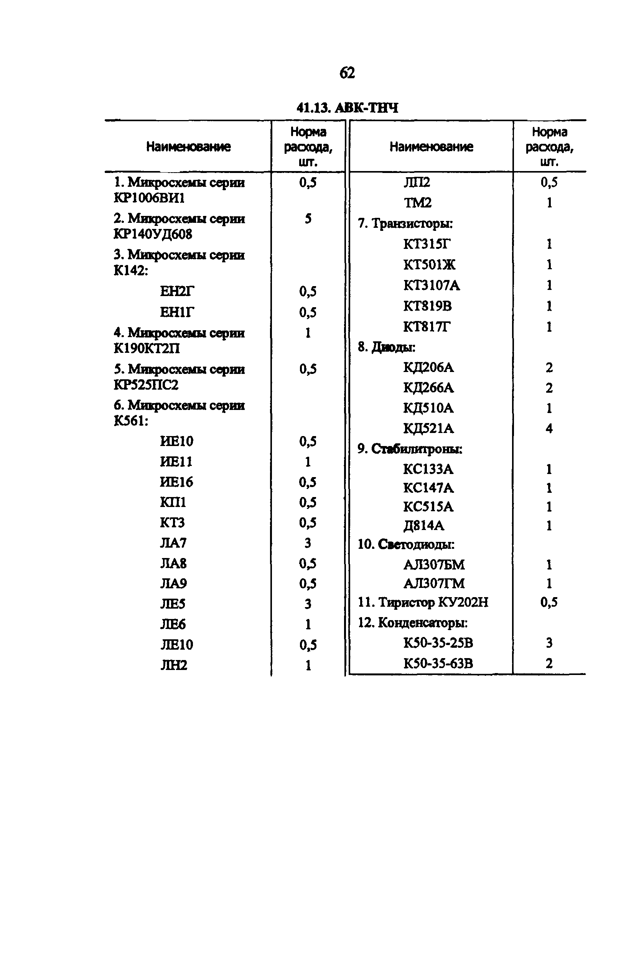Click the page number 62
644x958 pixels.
coord(347,73)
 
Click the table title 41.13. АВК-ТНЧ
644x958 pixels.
coord(347,108)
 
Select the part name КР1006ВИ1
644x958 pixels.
coord(149,198)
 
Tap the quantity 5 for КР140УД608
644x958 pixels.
coord(308,219)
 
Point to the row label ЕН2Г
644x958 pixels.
coord(176,291)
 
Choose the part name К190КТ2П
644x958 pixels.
coord(147,349)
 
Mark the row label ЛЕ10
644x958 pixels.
coord(176,645)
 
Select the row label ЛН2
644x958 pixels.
coord(174,665)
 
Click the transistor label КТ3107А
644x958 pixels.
coord(432,285)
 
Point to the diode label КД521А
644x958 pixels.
coord(428,429)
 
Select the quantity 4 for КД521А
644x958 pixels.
coord(549,429)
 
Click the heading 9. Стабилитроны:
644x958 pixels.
coord(410,449)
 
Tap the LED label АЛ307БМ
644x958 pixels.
coord(434,565)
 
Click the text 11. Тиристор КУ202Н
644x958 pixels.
coord(423,602)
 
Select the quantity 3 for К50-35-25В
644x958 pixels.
coord(549,643)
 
